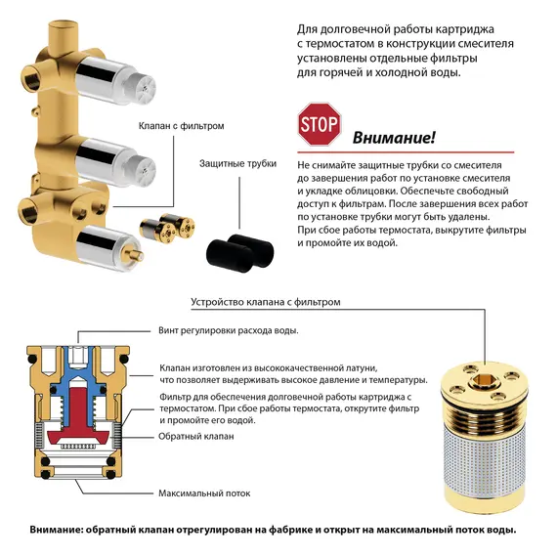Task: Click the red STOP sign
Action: point(319,124)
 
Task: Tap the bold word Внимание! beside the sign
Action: point(394,138)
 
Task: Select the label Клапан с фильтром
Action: point(182,127)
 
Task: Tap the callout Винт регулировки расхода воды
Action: point(228,331)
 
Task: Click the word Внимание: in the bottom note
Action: point(60,531)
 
